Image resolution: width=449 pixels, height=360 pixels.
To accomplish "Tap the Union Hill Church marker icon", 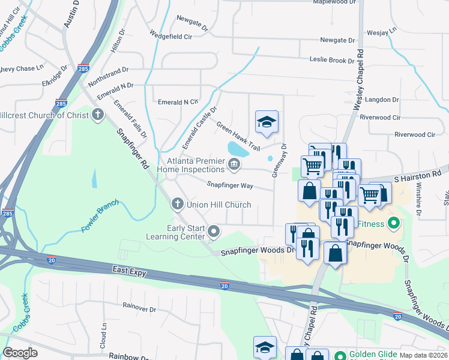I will click(x=177, y=205).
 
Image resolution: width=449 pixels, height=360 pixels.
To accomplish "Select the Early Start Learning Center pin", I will click(x=214, y=230).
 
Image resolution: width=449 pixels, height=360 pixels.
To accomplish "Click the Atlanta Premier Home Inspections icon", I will click(x=234, y=163).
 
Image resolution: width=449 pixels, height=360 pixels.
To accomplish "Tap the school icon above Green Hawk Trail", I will click(x=267, y=122).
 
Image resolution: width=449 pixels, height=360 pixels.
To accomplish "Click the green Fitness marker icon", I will click(x=394, y=224).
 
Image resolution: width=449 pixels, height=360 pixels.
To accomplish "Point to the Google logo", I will click(x=20, y=353).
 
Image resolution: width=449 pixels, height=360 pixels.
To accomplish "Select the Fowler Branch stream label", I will click(x=100, y=220).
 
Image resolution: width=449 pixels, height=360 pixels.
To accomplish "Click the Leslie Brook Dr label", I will click(x=331, y=60).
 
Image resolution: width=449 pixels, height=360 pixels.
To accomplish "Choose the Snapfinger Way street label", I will click(x=230, y=185).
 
